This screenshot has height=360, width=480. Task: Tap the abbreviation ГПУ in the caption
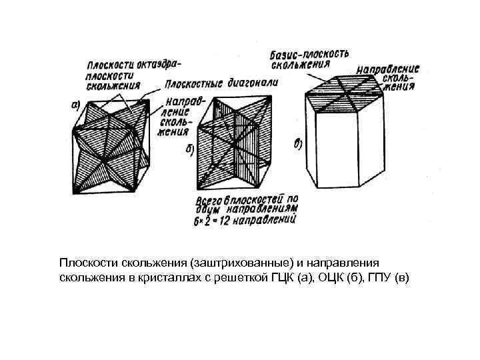coord(380,276)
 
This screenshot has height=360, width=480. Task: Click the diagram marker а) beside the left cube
coord(77,104)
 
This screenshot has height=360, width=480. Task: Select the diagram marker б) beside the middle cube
coord(188,151)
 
